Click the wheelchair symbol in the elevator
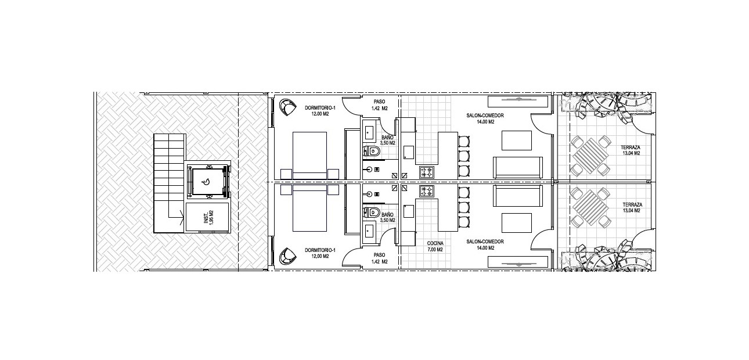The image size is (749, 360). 206,182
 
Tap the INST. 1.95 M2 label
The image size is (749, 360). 209,217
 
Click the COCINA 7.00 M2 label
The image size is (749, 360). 435,246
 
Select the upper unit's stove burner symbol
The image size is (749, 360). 427,172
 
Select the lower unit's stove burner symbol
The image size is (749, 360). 427,191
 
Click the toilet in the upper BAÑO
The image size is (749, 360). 371,152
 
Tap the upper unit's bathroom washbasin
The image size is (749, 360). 369,133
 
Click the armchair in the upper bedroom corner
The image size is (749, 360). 287,107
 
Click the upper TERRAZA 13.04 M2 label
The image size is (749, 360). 631,150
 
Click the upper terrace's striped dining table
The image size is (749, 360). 590,156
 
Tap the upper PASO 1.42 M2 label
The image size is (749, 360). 380,105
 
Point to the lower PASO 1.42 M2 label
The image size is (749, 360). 380,258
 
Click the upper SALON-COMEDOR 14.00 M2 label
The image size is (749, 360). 485,118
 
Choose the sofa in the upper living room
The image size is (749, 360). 517,167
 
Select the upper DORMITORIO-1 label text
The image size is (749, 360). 320,108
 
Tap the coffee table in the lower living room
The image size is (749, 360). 517,223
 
